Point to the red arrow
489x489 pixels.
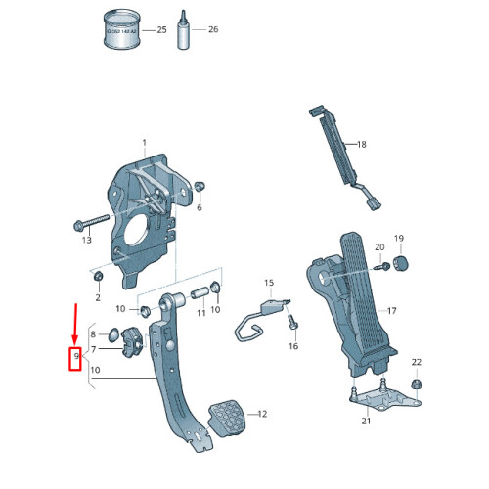74,322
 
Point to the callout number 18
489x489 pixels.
361,144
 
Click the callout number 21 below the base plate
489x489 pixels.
366,421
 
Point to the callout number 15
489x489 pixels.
269,283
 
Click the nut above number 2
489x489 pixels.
98,278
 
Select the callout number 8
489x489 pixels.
94,334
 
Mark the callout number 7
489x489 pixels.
94,349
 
